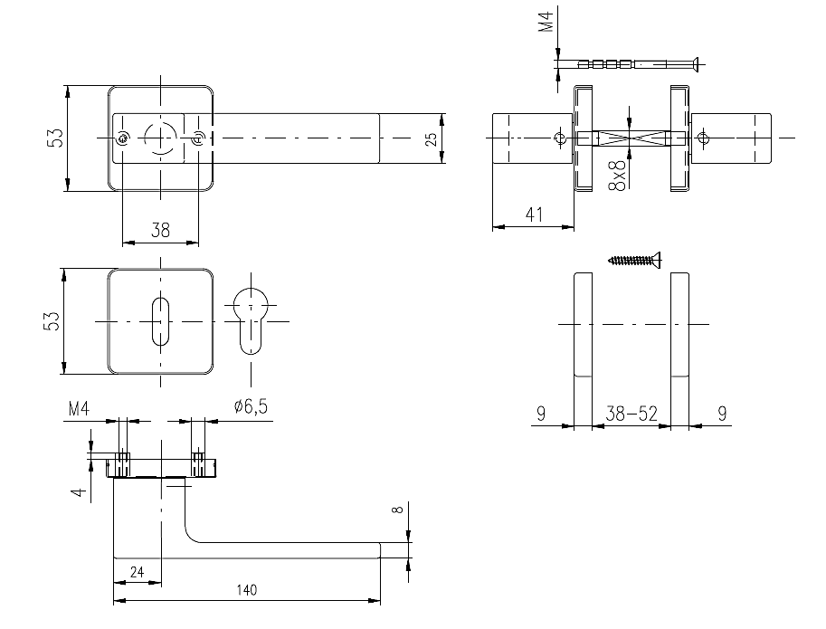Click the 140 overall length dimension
[x=246, y=590]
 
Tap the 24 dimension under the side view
[x=138, y=572]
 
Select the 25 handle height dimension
[x=432, y=138]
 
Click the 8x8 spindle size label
[x=617, y=174]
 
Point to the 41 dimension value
[x=532, y=215]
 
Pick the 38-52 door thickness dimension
[x=631, y=414]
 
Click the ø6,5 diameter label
[x=251, y=406]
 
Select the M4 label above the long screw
[x=546, y=22]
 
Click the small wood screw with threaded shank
[x=635, y=261]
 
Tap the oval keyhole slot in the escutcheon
[x=161, y=321]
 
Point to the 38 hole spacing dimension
[x=160, y=230]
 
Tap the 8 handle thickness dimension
[x=396, y=510]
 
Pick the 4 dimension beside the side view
[x=80, y=491]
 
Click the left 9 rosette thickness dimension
[x=540, y=414]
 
